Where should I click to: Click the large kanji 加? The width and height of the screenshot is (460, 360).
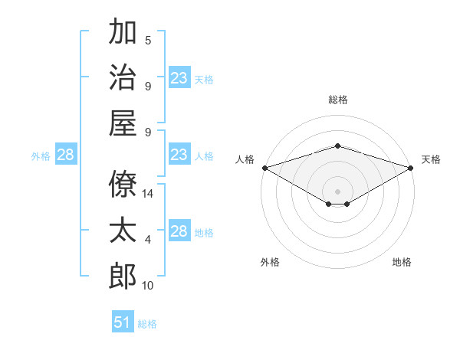click(x=123, y=31)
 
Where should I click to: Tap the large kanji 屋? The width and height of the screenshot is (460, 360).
click(x=123, y=123)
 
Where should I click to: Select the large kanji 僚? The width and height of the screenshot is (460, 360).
click(x=123, y=184)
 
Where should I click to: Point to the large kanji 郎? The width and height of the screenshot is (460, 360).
click(x=123, y=276)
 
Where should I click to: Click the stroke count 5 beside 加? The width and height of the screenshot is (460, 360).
click(x=148, y=41)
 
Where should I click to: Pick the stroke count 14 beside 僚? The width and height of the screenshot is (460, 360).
click(x=147, y=194)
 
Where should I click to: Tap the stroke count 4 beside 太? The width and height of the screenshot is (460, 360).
click(x=148, y=240)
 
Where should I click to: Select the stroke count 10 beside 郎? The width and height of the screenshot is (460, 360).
click(x=147, y=286)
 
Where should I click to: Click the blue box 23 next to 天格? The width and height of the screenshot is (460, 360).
click(x=179, y=77)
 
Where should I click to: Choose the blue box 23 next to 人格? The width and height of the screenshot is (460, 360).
click(x=179, y=154)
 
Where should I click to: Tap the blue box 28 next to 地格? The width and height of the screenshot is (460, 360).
click(x=179, y=230)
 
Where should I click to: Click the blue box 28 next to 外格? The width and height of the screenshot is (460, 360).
click(x=66, y=154)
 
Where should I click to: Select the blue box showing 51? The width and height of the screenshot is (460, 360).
click(x=123, y=321)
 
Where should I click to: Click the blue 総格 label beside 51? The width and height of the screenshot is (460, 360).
click(x=147, y=324)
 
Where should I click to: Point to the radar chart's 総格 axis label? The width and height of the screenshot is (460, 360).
click(x=338, y=100)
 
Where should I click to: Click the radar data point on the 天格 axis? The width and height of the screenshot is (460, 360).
click(x=411, y=168)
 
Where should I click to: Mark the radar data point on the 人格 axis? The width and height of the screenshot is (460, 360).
click(x=265, y=168)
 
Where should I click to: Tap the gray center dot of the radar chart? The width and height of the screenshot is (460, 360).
click(x=337, y=191)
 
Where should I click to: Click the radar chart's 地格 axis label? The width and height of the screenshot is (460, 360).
click(x=402, y=262)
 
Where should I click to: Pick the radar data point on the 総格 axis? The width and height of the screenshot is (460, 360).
click(x=337, y=146)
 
